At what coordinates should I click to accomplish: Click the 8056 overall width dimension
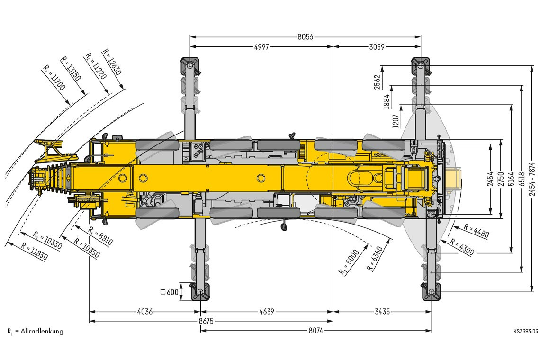point(306,36)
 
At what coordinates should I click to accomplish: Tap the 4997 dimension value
point(261,47)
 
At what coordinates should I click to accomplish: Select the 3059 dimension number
point(377,47)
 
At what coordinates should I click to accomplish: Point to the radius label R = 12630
point(112,63)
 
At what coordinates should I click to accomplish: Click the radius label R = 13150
point(71,69)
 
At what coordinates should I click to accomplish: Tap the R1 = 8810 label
point(100,236)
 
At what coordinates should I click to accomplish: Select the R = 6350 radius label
point(375,258)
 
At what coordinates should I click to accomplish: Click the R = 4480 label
point(476,231)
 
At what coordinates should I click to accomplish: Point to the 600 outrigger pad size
point(170,292)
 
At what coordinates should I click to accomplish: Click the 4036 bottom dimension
point(144,312)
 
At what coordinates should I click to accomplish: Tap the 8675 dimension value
point(206,321)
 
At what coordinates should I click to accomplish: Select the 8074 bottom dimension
point(316,331)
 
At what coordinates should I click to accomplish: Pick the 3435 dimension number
point(382,312)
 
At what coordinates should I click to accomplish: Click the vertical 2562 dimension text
point(378,82)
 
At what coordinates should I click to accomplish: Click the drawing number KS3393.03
point(525,332)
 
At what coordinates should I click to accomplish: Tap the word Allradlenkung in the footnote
point(42,331)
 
